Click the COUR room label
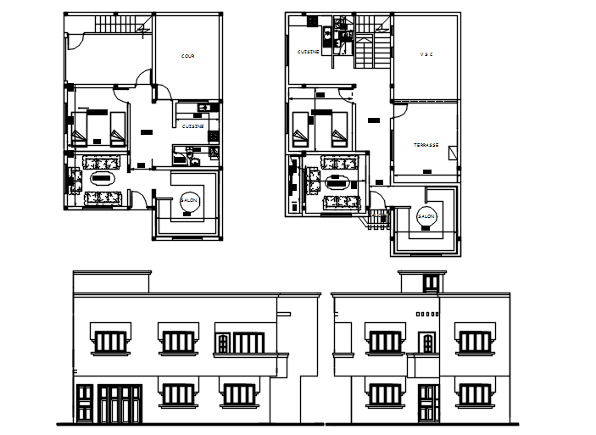pos(187,57)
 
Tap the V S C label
pos(426,55)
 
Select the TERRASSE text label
pos(426,145)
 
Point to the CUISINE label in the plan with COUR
pos(192,126)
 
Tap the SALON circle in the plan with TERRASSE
pos(426,216)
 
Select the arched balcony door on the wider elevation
pos(224,343)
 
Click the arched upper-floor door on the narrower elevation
pos(428,343)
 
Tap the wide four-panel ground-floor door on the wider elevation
pos(119,404)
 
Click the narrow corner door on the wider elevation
pos(85,404)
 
